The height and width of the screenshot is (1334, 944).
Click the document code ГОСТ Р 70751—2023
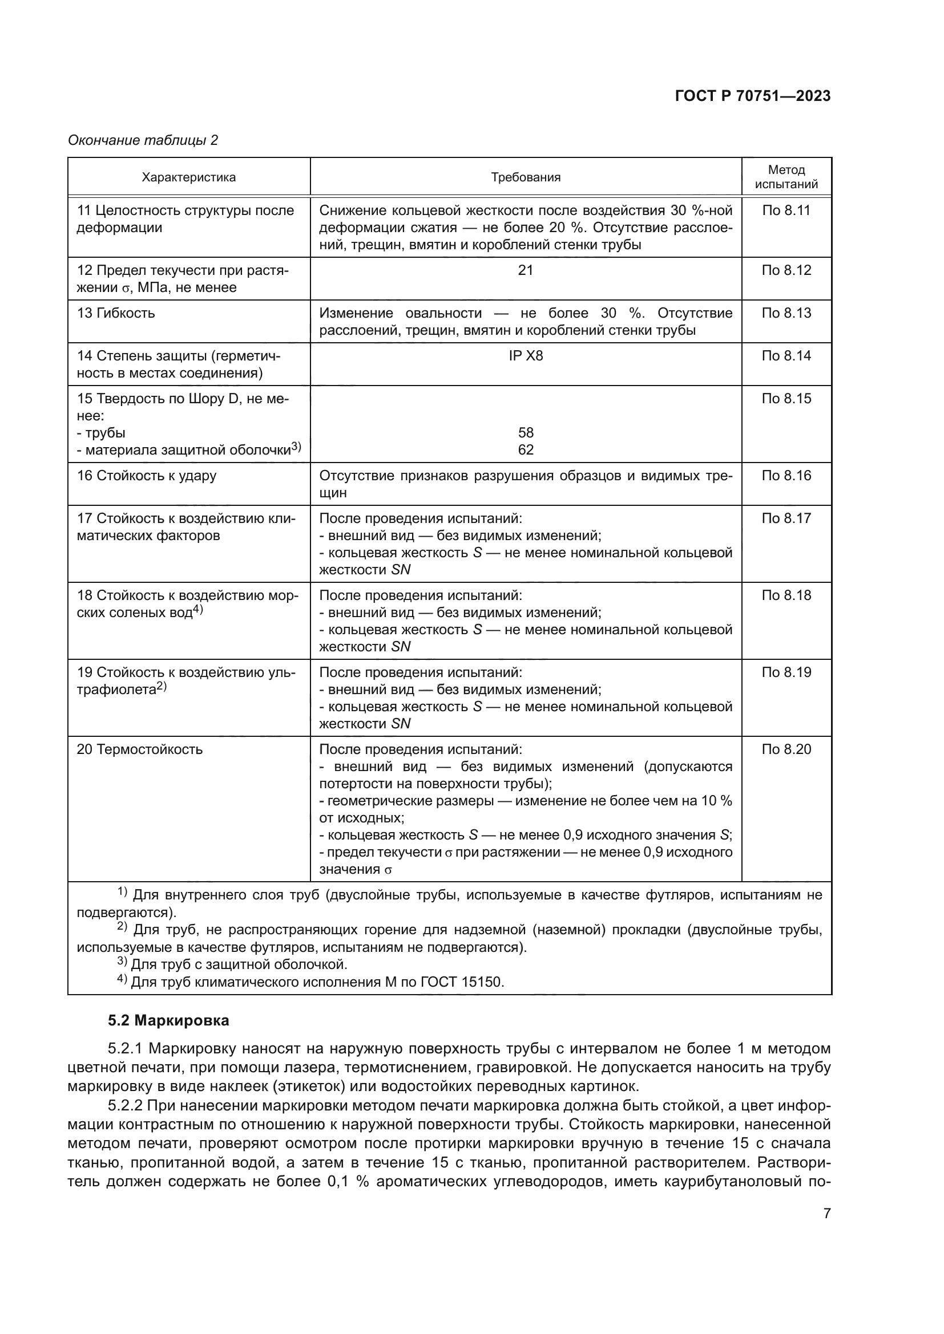click(752, 96)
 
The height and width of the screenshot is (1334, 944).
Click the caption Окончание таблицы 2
click(143, 140)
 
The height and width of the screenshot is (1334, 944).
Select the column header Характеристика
click(189, 177)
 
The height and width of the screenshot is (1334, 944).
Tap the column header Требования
click(526, 177)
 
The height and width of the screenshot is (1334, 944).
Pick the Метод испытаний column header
click(786, 177)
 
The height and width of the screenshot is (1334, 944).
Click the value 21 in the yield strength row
click(526, 270)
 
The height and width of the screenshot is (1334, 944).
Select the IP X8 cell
click(526, 355)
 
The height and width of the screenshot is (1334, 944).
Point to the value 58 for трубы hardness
click(526, 433)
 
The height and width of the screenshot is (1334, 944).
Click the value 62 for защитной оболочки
click(526, 449)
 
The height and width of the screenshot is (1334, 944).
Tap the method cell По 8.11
click(786, 210)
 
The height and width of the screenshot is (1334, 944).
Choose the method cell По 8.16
click(786, 476)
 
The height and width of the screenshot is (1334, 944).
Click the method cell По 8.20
click(786, 749)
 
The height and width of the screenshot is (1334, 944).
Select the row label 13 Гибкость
click(116, 313)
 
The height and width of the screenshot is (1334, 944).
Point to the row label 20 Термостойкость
click(139, 749)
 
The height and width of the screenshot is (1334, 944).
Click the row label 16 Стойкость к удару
click(147, 476)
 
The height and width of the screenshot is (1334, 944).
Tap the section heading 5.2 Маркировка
click(168, 1021)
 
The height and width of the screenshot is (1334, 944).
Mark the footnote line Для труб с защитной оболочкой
click(239, 965)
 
